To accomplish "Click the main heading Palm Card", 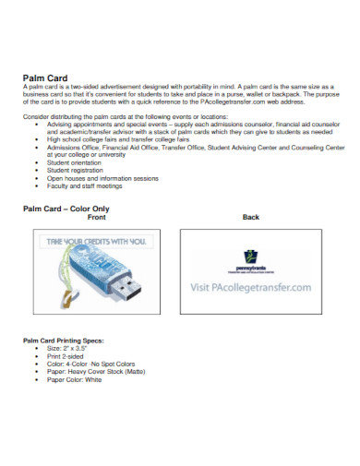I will tap(43, 78).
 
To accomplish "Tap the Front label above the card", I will tap(96, 218).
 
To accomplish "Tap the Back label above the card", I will tap(250, 218).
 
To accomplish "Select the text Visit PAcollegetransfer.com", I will tap(250, 289).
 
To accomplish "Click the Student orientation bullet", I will tap(66, 162).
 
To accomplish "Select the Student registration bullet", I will tap(66, 170).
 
